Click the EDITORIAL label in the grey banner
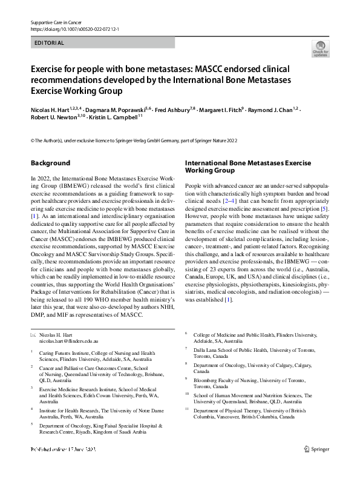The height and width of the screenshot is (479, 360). (48, 43)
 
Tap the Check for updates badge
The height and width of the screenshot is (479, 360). (320, 48)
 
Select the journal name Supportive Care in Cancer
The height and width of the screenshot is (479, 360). (56, 21)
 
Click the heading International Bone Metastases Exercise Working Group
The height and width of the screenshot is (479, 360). (247, 167)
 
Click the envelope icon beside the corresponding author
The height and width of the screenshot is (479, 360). (33, 335)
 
